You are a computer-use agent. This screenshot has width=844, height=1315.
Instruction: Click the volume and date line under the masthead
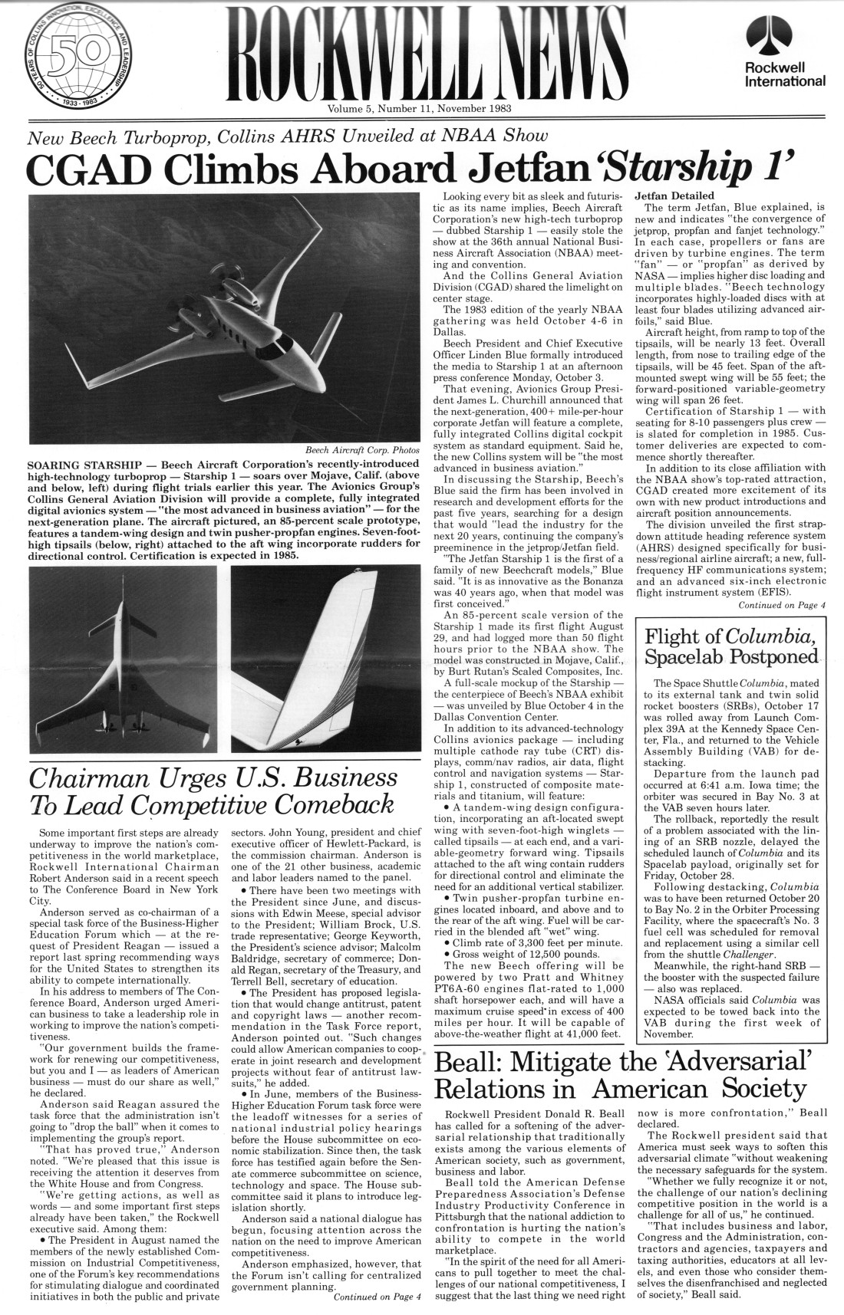pyautogui.click(x=421, y=108)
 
